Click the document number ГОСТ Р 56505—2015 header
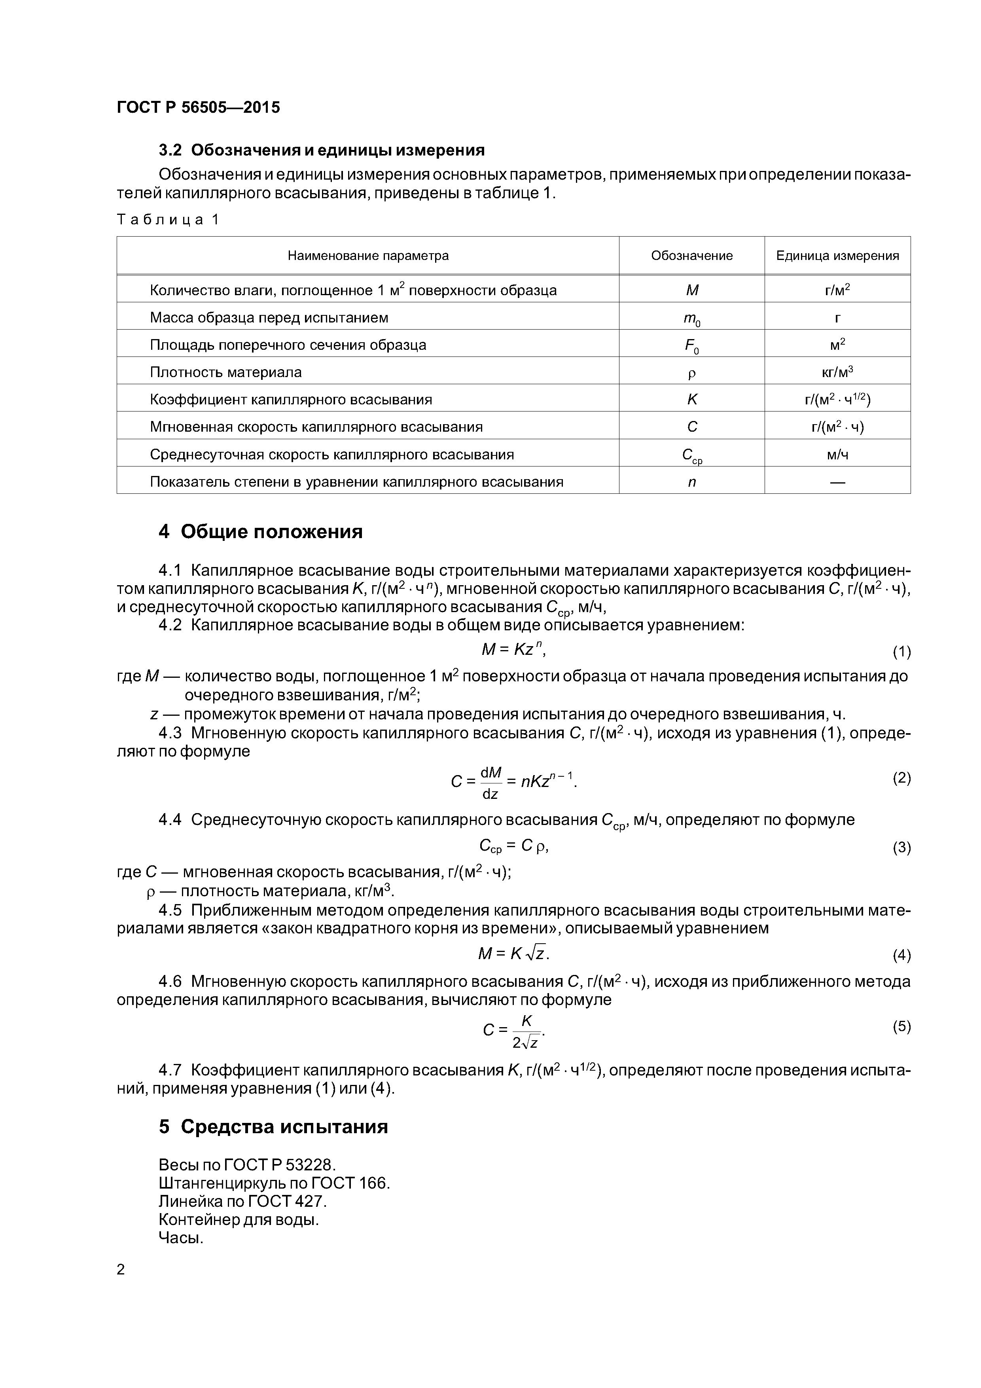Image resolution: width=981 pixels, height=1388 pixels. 198,108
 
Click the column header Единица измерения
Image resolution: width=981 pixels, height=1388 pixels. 837,256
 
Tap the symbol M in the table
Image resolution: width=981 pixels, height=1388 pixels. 692,290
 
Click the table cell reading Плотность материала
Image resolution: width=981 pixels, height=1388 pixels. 225,372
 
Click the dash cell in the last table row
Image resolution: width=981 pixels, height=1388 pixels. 837,482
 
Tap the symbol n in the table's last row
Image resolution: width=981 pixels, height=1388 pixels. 692,482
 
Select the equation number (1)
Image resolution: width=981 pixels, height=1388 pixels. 901,652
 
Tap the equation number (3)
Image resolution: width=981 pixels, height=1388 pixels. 901,848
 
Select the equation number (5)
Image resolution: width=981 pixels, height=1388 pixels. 901,1026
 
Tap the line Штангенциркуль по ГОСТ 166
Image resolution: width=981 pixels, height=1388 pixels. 274,1183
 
